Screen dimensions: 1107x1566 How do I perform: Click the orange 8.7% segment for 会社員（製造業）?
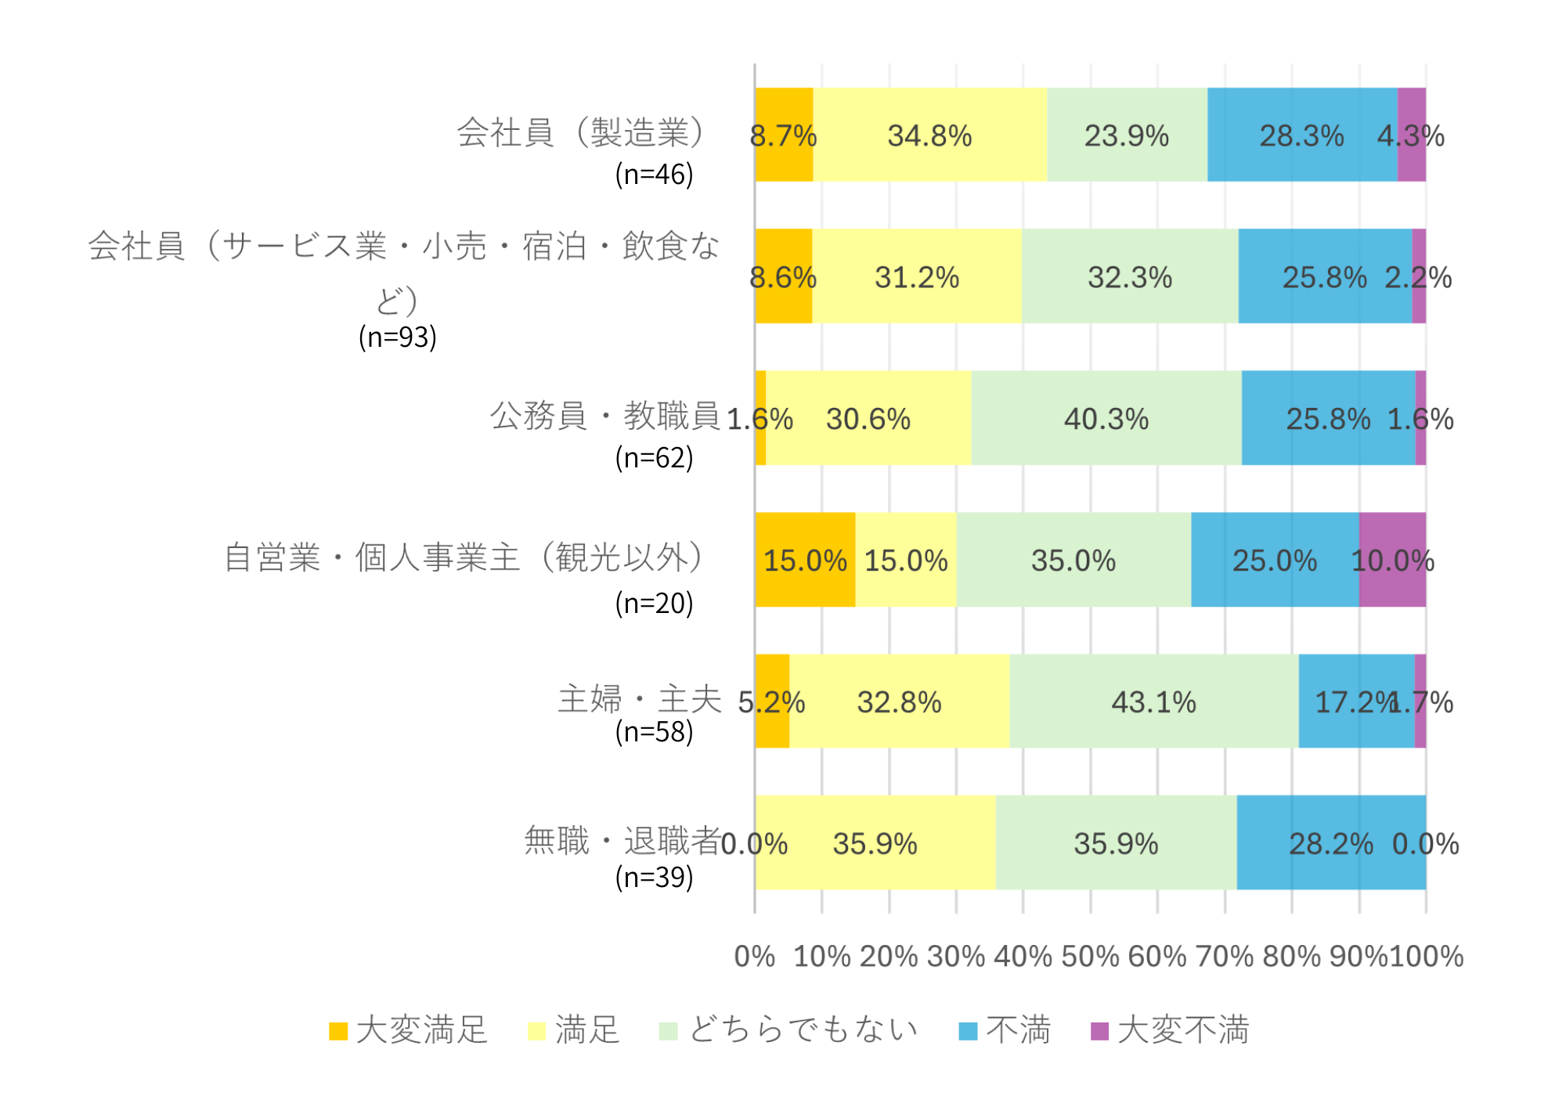tap(784, 135)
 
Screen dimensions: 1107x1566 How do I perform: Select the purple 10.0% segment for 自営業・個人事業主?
tap(1392, 560)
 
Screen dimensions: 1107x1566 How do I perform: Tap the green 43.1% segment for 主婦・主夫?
tap(1154, 701)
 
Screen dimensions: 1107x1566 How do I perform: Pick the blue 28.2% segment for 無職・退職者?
tap(1331, 843)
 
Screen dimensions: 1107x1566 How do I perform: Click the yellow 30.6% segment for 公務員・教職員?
tap(868, 418)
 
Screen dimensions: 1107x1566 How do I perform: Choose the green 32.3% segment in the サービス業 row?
tap(1130, 276)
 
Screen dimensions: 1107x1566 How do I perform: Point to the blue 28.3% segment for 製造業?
tap(1302, 135)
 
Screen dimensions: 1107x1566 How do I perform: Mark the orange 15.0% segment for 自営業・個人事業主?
tap(805, 560)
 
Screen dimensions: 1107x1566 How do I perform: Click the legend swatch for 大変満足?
tap(338, 1031)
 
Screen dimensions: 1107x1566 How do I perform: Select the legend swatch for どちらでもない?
tap(668, 1031)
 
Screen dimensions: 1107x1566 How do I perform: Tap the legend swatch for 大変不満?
tap(1099, 1031)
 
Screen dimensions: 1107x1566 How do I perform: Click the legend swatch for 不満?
tap(968, 1031)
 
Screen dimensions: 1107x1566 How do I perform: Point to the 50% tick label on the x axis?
tap(1091, 957)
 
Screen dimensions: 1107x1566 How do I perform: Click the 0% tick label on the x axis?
tap(754, 957)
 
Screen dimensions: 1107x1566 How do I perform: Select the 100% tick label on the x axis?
tap(1426, 957)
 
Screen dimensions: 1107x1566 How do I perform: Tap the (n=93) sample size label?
tap(398, 337)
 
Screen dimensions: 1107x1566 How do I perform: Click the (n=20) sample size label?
tap(655, 603)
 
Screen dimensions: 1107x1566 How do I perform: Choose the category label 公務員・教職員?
tap(604, 416)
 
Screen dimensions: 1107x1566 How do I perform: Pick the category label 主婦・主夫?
tap(639, 699)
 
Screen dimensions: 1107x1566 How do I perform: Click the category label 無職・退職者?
tap(622, 841)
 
